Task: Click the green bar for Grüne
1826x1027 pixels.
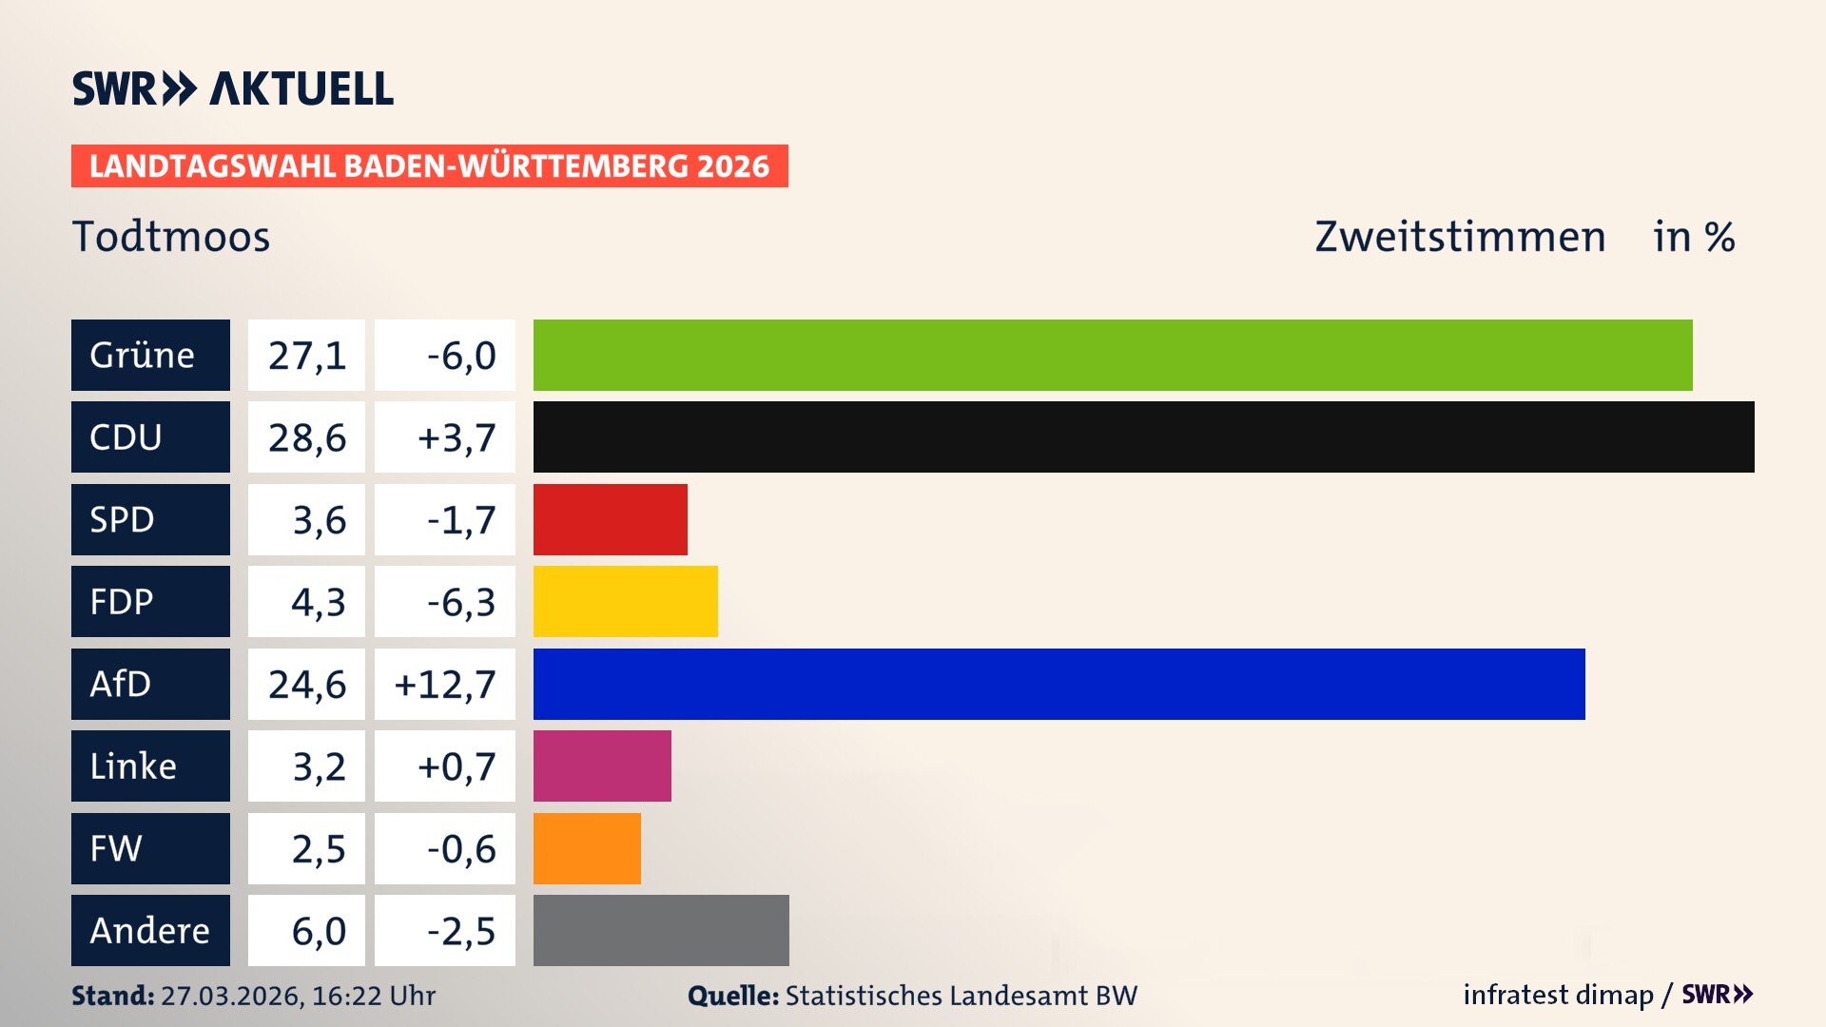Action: pos(1113,355)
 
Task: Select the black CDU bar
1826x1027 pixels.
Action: pos(1143,436)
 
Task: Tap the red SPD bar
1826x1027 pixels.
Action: pos(610,519)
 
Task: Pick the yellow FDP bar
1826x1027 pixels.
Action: pos(625,601)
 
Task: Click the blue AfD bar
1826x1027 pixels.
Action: pos(1059,684)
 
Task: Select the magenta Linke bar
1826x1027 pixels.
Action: pos(602,765)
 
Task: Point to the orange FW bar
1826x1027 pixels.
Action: pos(587,848)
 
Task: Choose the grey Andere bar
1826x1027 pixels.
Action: pos(661,930)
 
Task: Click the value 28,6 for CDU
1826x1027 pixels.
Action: pos(306,437)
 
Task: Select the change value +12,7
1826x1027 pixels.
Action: pos(445,684)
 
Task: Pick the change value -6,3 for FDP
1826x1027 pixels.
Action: pos(460,602)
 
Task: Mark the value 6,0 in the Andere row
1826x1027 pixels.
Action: pos(318,931)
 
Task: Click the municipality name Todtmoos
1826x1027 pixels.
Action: pos(171,236)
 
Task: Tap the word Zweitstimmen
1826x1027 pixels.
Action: pos(1460,236)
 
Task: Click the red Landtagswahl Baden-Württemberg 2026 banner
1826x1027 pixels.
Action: pos(429,165)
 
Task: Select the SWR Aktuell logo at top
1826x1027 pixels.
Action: pos(232,88)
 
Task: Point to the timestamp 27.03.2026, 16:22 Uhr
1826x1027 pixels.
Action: pos(298,996)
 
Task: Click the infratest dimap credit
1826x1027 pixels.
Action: pos(1558,995)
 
